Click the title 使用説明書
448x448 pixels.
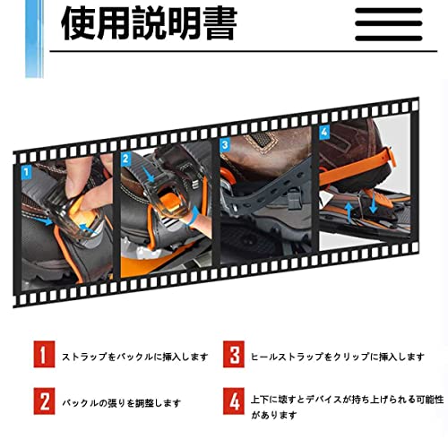pyautogui.click(x=148, y=24)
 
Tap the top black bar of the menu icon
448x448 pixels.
pyautogui.click(x=389, y=12)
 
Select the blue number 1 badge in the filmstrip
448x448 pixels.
pyautogui.click(x=26, y=170)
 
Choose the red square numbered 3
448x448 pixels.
pyautogui.click(x=234, y=356)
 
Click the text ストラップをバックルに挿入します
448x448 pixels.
pyautogui.click(x=134, y=357)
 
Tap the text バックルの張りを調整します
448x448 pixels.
pyautogui.click(x=121, y=403)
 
